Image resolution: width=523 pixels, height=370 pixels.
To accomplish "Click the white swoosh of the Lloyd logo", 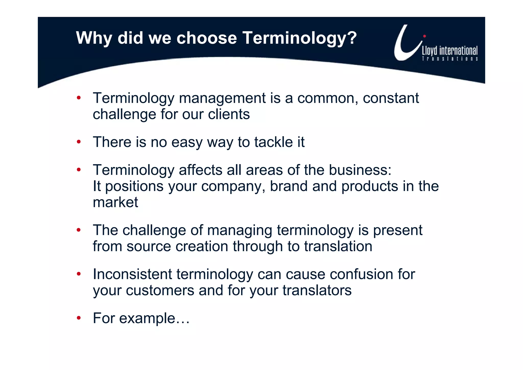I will [x=403, y=49].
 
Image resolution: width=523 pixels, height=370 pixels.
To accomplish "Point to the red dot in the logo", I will [x=424, y=36].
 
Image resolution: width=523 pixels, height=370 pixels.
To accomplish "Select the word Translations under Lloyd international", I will [x=450, y=59].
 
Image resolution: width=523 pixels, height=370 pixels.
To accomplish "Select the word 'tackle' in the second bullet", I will [x=273, y=142].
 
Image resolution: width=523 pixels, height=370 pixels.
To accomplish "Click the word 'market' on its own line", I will [x=115, y=203].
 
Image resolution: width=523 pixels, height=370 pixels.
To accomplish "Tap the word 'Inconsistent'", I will [x=133, y=274].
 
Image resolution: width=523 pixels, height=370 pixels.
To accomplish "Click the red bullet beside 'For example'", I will [x=79, y=318].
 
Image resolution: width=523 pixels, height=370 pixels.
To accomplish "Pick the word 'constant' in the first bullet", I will [x=391, y=98].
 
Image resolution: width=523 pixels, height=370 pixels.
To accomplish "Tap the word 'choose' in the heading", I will [x=207, y=38].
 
